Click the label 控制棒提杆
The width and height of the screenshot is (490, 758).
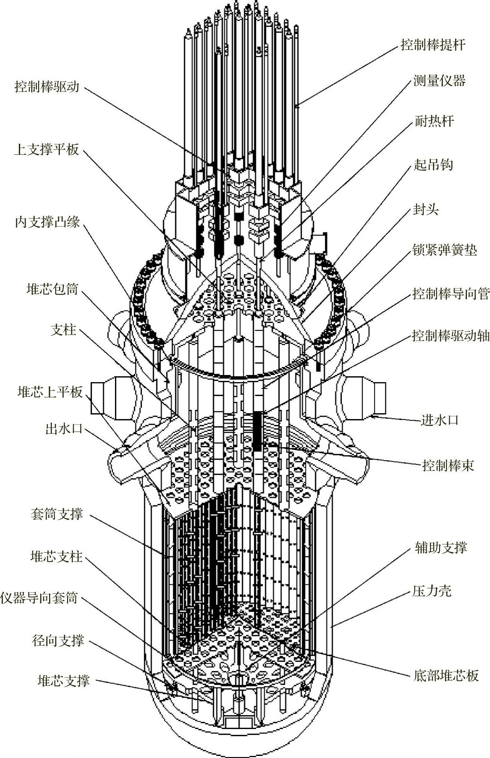pyautogui.click(x=433, y=45)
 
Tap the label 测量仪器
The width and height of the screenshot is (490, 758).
pyautogui.click(x=439, y=81)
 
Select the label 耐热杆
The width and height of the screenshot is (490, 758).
pyautogui.click(x=434, y=122)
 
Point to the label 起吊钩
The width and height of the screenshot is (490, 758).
pyautogui.click(x=433, y=164)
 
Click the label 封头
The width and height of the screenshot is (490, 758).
pyautogui.click(x=425, y=209)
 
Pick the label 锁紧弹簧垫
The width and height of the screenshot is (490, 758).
pyautogui.click(x=445, y=250)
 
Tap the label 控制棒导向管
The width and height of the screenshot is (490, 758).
pyautogui.click(x=451, y=294)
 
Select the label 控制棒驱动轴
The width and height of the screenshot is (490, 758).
pyautogui.click(x=451, y=336)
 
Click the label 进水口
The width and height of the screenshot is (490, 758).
pyautogui.click(x=440, y=420)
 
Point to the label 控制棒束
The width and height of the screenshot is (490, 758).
pyautogui.click(x=448, y=466)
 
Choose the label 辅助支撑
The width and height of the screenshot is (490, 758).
pyautogui.click(x=440, y=547)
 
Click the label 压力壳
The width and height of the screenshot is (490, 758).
pyautogui.click(x=432, y=591)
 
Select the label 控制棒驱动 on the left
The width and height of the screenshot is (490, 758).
pyautogui.click(x=47, y=87)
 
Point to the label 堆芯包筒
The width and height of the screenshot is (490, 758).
pyautogui.click(x=52, y=289)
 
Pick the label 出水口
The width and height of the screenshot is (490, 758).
pyautogui.click(x=64, y=429)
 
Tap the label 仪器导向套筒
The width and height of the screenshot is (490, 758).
pyautogui.click(x=39, y=598)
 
